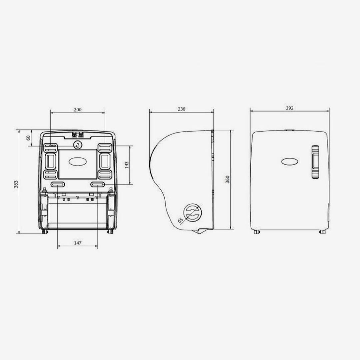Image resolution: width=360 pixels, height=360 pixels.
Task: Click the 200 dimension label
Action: pyautogui.click(x=78, y=110)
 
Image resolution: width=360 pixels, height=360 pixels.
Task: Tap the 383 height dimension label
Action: pyautogui.click(x=16, y=184)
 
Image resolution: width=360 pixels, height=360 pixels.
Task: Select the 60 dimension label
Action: pyautogui.click(x=28, y=138)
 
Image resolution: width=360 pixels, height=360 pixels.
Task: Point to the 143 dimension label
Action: pyautogui.click(x=127, y=165)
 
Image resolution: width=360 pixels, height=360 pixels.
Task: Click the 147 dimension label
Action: pyautogui.click(x=78, y=243)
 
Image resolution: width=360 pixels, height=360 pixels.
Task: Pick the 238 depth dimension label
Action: pyautogui.click(x=181, y=109)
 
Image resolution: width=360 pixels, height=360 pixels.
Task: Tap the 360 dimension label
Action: pyautogui.click(x=227, y=179)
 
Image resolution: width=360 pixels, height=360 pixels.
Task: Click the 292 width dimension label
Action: pyautogui.click(x=290, y=108)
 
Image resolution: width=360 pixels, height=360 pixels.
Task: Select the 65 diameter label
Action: pyautogui.click(x=181, y=220)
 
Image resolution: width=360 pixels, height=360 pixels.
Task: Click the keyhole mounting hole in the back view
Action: pyautogui.click(x=77, y=145)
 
